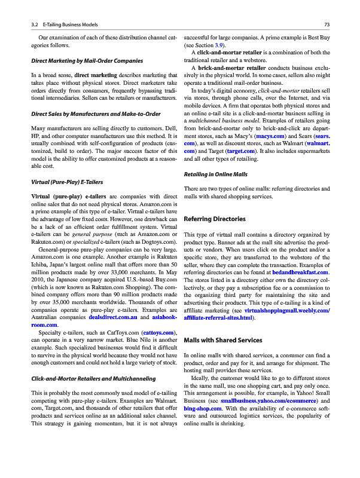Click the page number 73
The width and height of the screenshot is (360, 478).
327,24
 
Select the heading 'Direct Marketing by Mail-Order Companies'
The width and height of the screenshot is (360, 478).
87,61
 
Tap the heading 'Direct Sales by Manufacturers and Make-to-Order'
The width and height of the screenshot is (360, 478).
96,114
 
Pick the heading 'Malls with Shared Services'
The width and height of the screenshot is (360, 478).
223,340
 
